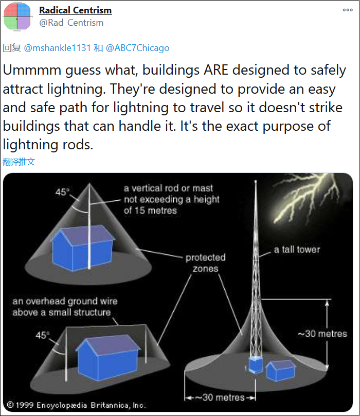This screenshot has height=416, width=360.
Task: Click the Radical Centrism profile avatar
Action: (x=17, y=16)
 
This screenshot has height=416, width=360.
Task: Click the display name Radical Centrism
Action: (x=76, y=10)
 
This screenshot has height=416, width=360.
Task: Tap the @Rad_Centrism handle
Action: (x=71, y=23)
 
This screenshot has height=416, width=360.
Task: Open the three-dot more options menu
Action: (x=348, y=10)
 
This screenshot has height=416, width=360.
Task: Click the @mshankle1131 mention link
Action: (x=58, y=48)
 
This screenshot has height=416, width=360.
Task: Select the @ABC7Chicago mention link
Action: (x=138, y=48)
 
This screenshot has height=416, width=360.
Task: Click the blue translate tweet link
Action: (x=19, y=162)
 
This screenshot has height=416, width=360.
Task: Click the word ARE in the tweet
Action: (x=216, y=70)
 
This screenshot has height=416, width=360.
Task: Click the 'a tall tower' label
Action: (x=297, y=249)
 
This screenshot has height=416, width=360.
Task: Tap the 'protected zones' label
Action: (x=205, y=263)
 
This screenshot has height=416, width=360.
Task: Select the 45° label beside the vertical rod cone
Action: (x=63, y=192)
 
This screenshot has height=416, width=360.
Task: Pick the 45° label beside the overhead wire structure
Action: (x=43, y=335)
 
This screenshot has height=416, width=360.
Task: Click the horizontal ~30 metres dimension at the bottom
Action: (x=220, y=397)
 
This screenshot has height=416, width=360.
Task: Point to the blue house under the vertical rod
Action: (x=82, y=248)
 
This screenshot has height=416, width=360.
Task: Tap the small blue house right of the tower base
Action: (x=280, y=370)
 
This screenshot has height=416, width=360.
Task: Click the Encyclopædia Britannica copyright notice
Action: (x=76, y=405)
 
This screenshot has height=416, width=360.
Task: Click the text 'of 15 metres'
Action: (x=150, y=211)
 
